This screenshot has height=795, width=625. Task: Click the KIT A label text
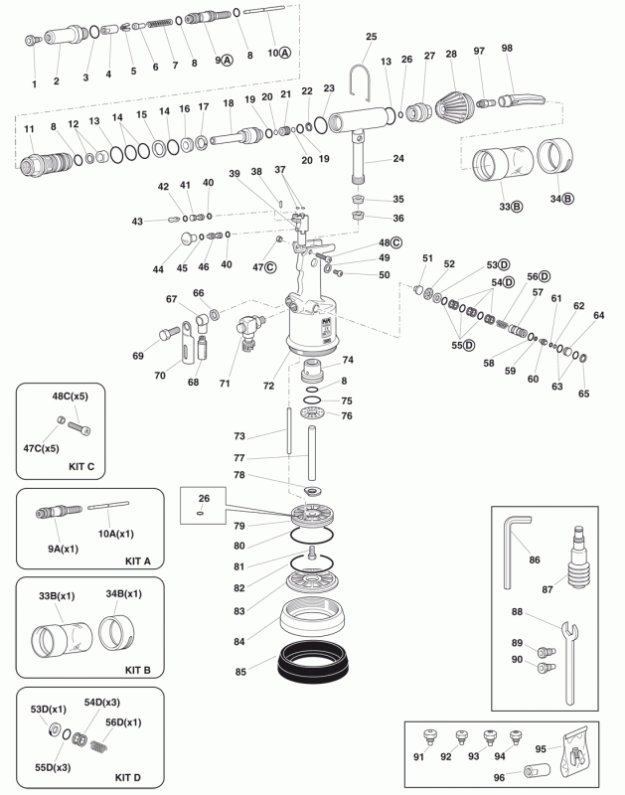[x=137, y=560]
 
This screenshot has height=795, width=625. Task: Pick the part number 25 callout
[x=372, y=37]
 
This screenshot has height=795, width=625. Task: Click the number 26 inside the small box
[x=204, y=498]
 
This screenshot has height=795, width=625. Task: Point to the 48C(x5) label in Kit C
[x=71, y=397]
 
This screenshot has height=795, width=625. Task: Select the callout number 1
[x=35, y=84]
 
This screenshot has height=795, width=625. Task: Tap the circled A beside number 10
[x=286, y=51]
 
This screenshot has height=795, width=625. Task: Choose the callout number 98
[x=507, y=49]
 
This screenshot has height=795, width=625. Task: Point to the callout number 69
[x=138, y=355]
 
